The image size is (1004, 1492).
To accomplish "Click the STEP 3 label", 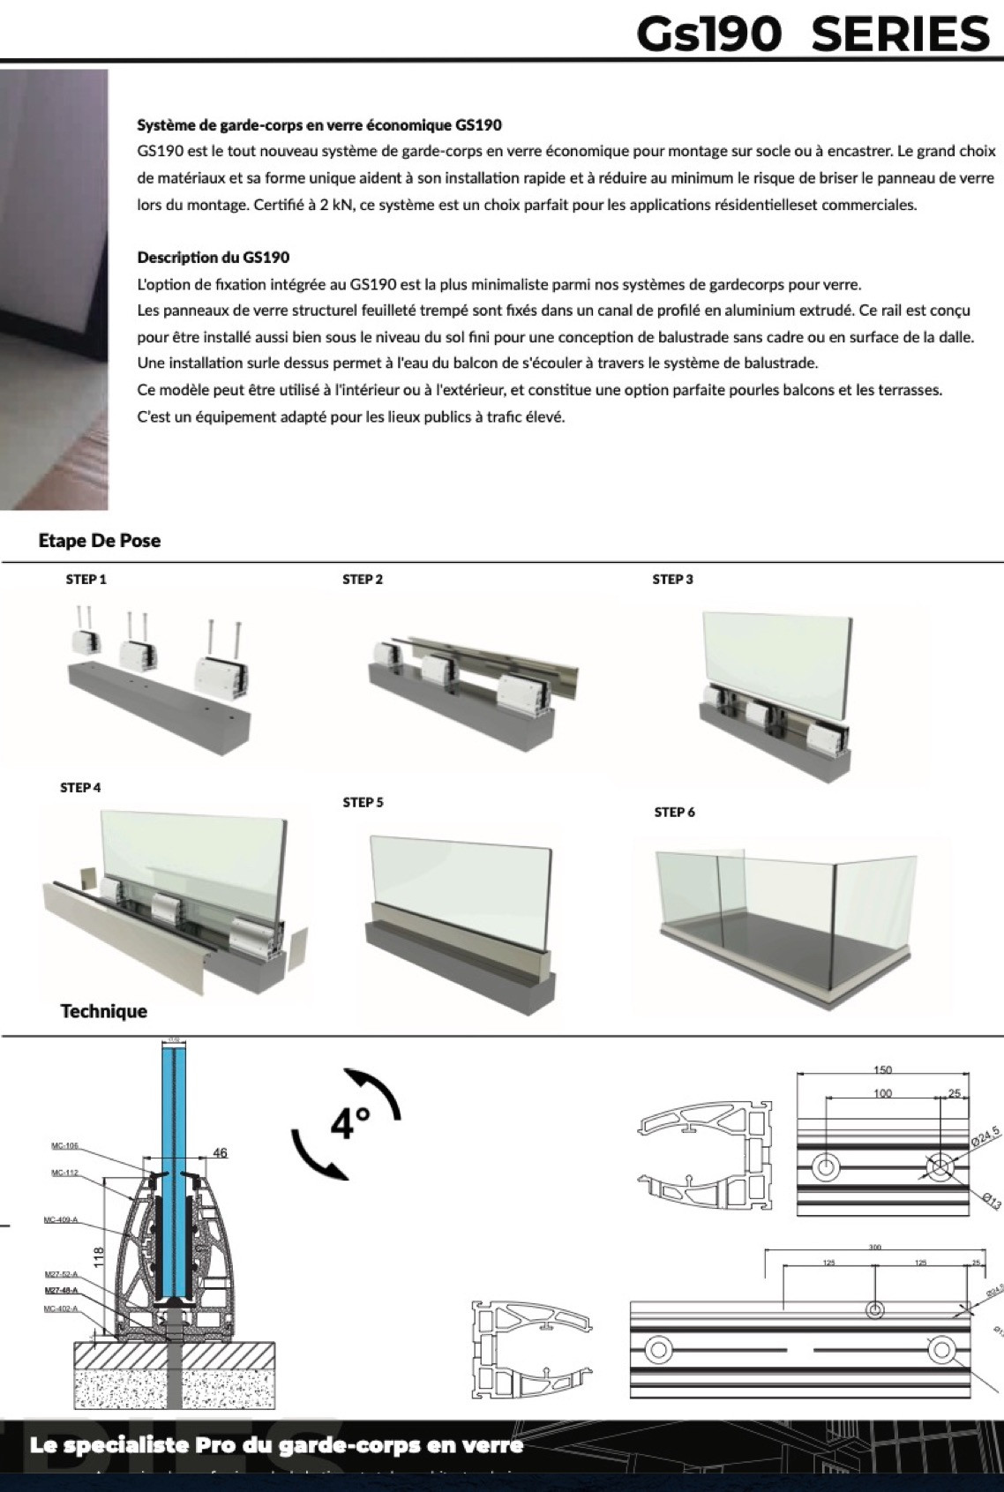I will [672, 580].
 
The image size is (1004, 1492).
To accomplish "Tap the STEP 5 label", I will [363, 802].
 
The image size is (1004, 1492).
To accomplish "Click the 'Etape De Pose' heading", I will [100, 541].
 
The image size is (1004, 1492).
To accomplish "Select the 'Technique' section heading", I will [103, 1011].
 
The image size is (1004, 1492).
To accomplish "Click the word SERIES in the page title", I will [900, 34].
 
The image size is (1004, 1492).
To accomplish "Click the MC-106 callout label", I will [64, 1146].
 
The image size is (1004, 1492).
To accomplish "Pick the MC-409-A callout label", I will [60, 1220].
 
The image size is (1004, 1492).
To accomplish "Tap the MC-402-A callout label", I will [61, 1308].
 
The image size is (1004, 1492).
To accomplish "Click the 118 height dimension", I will [98, 1256].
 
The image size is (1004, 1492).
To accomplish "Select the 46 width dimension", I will [220, 1152].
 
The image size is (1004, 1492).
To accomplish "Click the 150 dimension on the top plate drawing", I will [882, 1069].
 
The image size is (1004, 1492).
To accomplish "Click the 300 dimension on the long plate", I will [874, 1248].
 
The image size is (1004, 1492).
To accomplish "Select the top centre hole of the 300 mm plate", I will [874, 1309].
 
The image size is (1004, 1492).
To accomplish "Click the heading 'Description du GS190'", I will [214, 258].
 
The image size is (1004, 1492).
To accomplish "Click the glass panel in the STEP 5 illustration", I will [459, 869].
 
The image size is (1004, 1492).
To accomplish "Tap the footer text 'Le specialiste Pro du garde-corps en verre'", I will [276, 1445].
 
